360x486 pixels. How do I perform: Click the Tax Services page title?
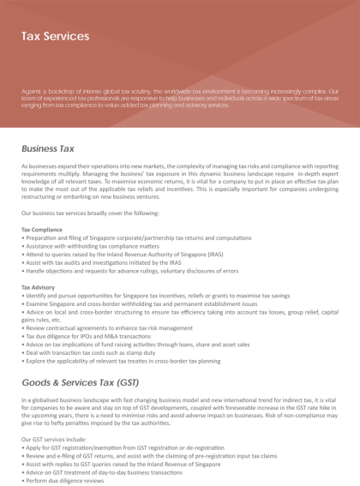point(55,37)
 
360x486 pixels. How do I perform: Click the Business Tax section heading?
point(48,148)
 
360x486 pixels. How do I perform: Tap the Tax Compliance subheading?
point(41,230)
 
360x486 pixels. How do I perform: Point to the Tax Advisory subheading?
point(38,286)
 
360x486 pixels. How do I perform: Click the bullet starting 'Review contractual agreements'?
point(106,327)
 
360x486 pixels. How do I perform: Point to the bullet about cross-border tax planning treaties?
point(128,360)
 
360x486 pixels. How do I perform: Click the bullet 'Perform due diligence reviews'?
point(67,480)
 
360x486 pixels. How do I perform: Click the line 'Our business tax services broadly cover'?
point(90,213)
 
